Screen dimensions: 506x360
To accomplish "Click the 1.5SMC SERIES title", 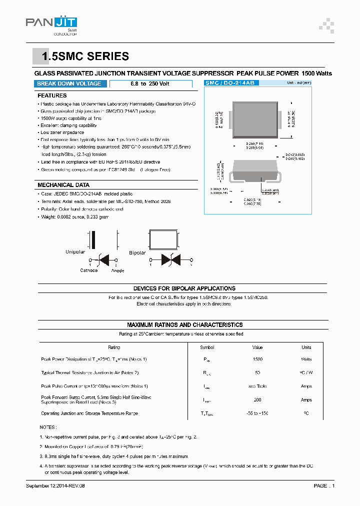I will [85, 57].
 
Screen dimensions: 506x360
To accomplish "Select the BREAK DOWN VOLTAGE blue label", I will [69, 84].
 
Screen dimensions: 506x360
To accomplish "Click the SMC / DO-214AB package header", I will [230, 83].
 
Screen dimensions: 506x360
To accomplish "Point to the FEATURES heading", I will [52, 95].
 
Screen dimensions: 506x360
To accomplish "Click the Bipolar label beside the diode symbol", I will [137, 252].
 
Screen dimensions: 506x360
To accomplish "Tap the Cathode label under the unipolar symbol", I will [89, 270].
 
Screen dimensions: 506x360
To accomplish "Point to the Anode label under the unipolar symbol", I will [117, 270].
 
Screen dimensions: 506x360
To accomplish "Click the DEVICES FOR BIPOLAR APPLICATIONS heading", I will [184, 288].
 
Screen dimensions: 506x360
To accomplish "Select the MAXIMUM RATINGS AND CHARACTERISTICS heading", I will [184, 324].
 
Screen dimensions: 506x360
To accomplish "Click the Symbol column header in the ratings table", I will [207, 347].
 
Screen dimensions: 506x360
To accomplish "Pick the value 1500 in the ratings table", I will [257, 359].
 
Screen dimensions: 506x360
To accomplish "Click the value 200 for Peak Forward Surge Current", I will [257, 399].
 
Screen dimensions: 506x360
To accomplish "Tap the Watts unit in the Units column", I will [306, 359].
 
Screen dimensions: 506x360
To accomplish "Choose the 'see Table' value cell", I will [257, 386].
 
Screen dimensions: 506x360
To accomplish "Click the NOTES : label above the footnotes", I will [48, 427].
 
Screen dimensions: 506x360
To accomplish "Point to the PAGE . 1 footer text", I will [324, 485].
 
